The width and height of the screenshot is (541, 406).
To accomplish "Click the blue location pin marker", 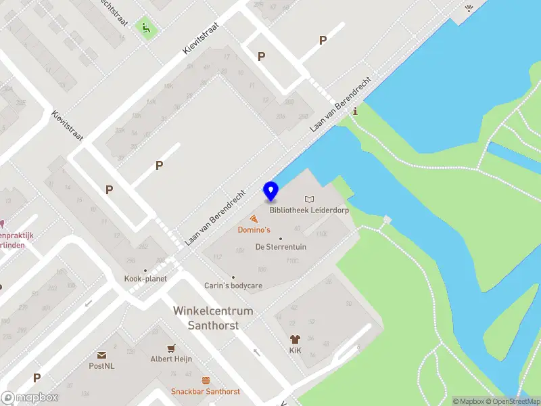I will click(x=270, y=191).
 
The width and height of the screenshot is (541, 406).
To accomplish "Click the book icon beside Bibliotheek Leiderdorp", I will click(x=310, y=200).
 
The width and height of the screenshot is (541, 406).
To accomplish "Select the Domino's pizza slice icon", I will click(x=254, y=219).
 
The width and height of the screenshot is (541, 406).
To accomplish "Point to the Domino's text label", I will click(x=254, y=230).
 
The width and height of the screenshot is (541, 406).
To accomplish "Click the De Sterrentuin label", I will click(x=281, y=247).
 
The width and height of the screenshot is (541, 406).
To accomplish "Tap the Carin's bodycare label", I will click(x=233, y=286).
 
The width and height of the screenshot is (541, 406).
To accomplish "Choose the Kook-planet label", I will click(x=145, y=278).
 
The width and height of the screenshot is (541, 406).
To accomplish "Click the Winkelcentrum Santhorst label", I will click(x=213, y=318).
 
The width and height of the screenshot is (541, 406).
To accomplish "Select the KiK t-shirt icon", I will click(x=295, y=340).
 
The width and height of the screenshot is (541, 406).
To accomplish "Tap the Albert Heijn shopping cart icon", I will click(x=171, y=348).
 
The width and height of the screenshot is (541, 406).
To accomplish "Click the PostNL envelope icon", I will click(x=101, y=355).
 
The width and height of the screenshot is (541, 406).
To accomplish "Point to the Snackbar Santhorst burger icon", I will click(x=206, y=380).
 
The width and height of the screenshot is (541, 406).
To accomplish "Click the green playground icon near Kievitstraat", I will click(x=144, y=28).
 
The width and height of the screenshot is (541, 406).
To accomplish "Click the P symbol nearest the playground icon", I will click(x=261, y=57).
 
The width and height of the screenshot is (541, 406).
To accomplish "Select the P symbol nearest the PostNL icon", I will click(x=37, y=378).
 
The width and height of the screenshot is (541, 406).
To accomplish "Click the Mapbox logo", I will click(x=29, y=398).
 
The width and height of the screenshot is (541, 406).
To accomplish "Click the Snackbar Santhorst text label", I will click(x=206, y=391).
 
